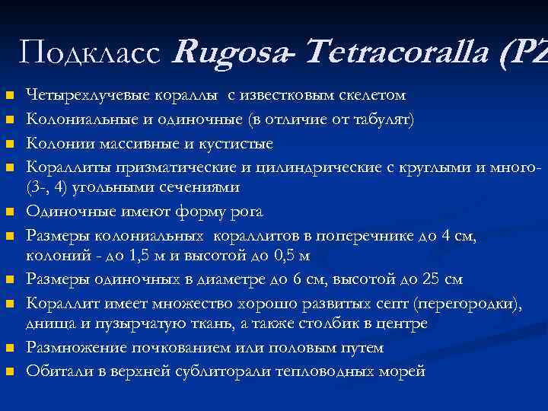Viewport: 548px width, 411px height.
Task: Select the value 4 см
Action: point(460,236)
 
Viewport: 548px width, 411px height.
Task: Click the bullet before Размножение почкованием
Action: point(9,348)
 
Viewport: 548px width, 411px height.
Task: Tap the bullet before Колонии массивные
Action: point(9,144)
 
